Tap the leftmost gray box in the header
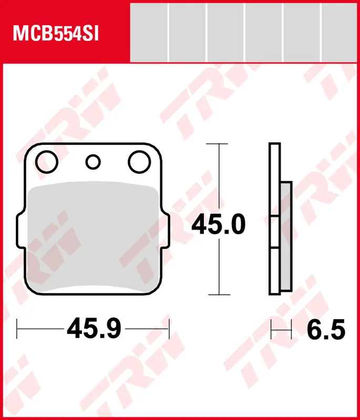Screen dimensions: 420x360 click(149, 32)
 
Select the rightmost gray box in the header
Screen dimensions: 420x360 click(341, 32)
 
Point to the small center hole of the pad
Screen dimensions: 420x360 click(94, 162)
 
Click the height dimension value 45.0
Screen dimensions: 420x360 click(218, 225)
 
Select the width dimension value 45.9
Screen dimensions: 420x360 click(94, 329)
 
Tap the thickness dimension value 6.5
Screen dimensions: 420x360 click(326, 330)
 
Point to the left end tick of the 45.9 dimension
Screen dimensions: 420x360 click(18, 329)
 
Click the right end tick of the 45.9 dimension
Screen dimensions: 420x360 click(169, 329)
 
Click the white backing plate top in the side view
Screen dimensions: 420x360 click(274, 178)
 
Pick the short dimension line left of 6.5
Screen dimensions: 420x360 click(281, 330)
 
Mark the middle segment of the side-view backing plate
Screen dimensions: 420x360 click(274, 232)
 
